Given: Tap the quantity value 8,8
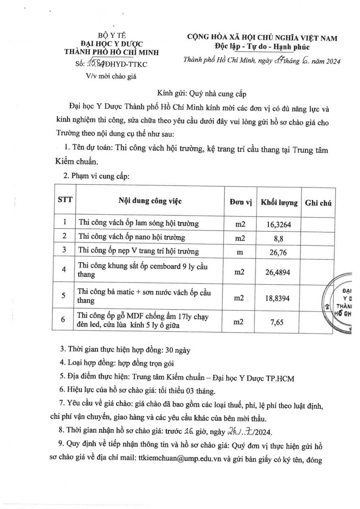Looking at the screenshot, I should pyautogui.click(x=278, y=238).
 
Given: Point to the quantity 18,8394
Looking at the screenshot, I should pyautogui.click(x=278, y=298).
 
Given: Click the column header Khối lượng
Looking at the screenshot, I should pyautogui.click(x=279, y=201).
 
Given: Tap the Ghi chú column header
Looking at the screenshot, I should pyautogui.click(x=318, y=202).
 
